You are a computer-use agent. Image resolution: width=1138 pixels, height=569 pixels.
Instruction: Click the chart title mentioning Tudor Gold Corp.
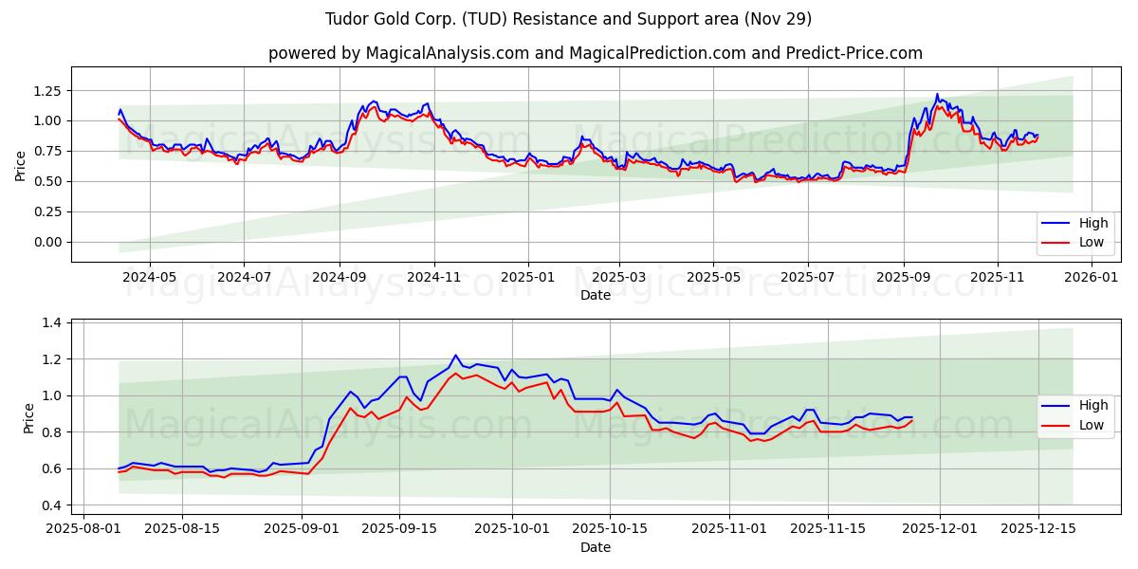point(568,19)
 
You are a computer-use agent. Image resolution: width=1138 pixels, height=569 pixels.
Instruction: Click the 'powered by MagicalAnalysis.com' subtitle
point(595,53)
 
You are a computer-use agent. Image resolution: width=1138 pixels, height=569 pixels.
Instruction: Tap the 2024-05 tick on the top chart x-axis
point(149,278)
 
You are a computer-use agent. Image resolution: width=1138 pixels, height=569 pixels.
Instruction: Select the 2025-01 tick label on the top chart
point(526,278)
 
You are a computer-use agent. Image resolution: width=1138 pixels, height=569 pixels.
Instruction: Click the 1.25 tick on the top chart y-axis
point(45,90)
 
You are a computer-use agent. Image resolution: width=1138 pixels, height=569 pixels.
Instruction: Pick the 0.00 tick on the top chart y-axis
point(45,242)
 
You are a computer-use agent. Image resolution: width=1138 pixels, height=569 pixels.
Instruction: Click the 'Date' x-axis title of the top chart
point(595,295)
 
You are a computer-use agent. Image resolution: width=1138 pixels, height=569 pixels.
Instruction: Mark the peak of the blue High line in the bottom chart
point(455,356)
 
